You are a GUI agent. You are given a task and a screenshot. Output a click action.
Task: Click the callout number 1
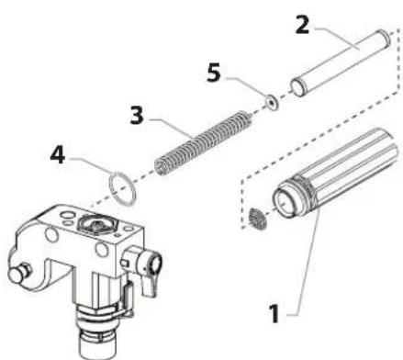pyautogui.click(x=274, y=313)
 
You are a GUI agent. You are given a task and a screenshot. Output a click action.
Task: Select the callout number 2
pyautogui.click(x=303, y=25)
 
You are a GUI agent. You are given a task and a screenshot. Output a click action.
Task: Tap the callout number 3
pyautogui.click(x=137, y=116)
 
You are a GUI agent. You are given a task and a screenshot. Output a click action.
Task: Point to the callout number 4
pyautogui.click(x=58, y=154)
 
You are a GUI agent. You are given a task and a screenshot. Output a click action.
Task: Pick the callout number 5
pyautogui.click(x=214, y=73)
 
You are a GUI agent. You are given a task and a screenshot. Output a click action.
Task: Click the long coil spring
pyautogui.click(x=204, y=142)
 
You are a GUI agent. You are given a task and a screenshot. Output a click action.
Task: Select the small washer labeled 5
pyautogui.click(x=272, y=103)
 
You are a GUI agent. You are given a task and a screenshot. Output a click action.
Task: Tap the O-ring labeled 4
pyautogui.click(x=122, y=188)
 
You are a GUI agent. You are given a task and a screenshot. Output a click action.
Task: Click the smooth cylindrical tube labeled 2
pyautogui.click(x=341, y=62)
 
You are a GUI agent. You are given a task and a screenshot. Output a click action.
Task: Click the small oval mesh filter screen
pyautogui.click(x=257, y=219)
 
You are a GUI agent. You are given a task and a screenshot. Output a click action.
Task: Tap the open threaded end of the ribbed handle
pyautogui.click(x=285, y=202)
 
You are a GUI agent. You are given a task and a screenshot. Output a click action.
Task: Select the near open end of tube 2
pyautogui.click(x=297, y=88)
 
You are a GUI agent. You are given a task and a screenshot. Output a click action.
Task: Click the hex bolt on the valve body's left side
pyautogui.click(x=18, y=272)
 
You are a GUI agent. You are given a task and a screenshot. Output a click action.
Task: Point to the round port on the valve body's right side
pyautogui.click(x=155, y=264)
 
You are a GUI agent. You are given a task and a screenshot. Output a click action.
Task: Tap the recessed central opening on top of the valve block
pyautogui.click(x=96, y=224)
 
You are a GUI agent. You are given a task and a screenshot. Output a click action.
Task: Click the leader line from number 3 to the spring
pyautogui.click(x=171, y=126)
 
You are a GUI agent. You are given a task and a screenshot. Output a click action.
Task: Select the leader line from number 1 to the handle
pyautogui.click(x=306, y=263)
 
